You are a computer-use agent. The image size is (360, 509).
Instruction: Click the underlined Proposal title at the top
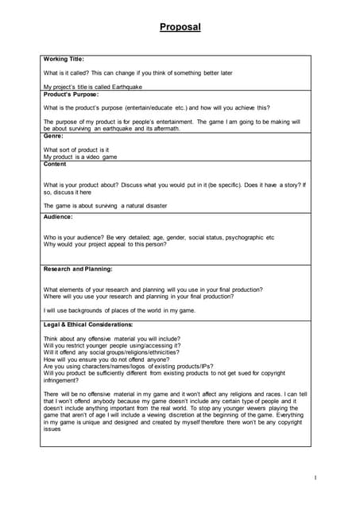[180, 27]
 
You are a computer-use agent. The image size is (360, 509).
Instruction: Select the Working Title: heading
[64, 59]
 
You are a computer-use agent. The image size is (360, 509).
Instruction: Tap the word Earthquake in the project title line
[125, 86]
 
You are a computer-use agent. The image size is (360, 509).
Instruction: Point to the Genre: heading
[54, 136]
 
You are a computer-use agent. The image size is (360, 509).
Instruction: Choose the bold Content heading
[56, 164]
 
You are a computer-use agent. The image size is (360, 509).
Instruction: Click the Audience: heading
[58, 217]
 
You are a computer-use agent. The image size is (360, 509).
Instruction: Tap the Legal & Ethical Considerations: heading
[88, 324]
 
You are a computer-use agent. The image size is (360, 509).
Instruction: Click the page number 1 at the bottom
[315, 477]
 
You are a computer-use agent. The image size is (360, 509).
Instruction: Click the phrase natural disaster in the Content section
[147, 205]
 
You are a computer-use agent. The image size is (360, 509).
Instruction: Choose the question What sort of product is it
[76, 150]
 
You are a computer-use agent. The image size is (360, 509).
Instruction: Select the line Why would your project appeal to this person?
[105, 244]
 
